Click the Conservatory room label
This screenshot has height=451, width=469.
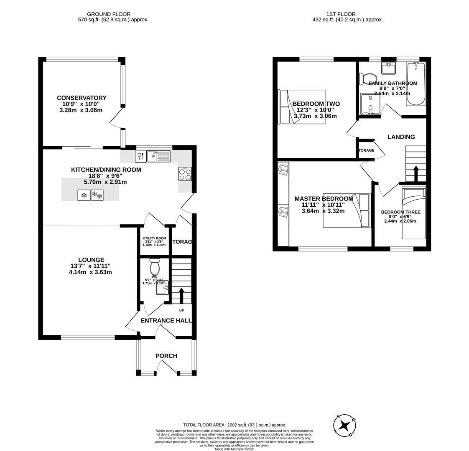click(82, 98)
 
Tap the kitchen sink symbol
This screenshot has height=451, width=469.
click(158, 157)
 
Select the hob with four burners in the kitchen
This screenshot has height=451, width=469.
click(185, 174)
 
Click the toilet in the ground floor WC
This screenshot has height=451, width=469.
click(154, 266)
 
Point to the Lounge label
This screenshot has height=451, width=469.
click(91, 260)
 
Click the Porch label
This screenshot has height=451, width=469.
click(166, 356)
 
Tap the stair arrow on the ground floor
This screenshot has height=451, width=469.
click(181, 295)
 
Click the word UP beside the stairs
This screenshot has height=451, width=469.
click(181, 310)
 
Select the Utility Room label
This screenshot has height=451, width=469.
click(154, 238)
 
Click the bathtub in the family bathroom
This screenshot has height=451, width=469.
click(416, 84)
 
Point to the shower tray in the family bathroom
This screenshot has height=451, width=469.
click(370, 104)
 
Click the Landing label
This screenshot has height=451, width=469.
click(401, 137)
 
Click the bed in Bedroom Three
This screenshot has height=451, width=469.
click(414, 213)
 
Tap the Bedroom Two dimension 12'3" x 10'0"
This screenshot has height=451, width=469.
click(316, 110)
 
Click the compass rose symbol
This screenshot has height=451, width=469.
click(345, 426)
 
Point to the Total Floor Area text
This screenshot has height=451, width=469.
click(234, 425)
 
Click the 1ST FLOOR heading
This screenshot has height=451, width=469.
click(347, 14)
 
